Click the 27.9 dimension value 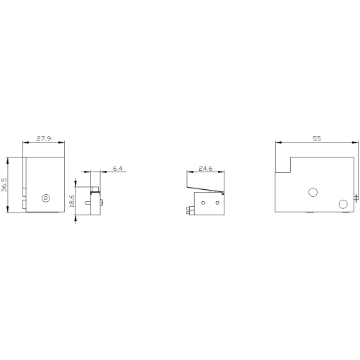[44, 139]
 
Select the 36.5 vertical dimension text [5, 185]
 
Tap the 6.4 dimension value [117, 168]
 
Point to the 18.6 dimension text [72, 200]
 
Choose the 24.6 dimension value [205, 169]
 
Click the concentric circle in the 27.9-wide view [47, 198]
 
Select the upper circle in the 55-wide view [313, 191]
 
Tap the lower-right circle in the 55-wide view [343, 204]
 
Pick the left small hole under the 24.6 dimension [203, 203]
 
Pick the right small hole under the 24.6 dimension [217, 203]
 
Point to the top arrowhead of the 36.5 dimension [7, 159]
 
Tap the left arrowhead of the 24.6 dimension [188, 173]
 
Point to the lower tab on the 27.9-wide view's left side [24, 205]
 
